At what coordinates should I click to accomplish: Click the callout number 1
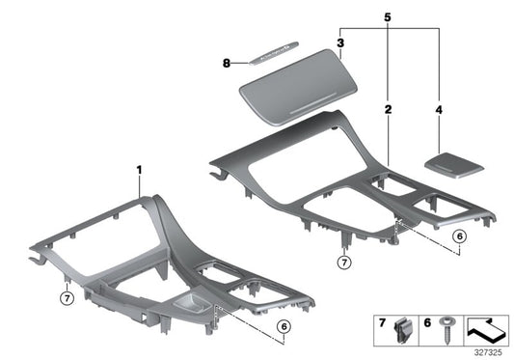[x=139, y=171]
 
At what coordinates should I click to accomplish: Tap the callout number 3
[x=340, y=42]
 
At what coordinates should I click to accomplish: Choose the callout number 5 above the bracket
[x=388, y=16]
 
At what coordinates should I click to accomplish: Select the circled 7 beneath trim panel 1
[x=67, y=296]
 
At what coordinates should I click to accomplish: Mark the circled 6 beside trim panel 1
[x=284, y=326]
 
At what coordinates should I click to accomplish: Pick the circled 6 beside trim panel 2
[x=458, y=235]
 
